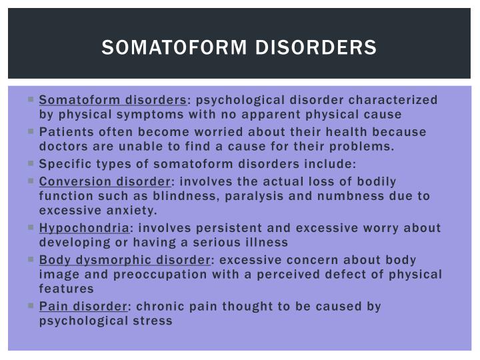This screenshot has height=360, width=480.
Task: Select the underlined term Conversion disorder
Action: (105, 181)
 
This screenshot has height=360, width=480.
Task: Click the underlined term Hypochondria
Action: (84, 228)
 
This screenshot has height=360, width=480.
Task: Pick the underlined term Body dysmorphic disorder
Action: (125, 259)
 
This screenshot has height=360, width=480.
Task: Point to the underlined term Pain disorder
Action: (82, 306)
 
